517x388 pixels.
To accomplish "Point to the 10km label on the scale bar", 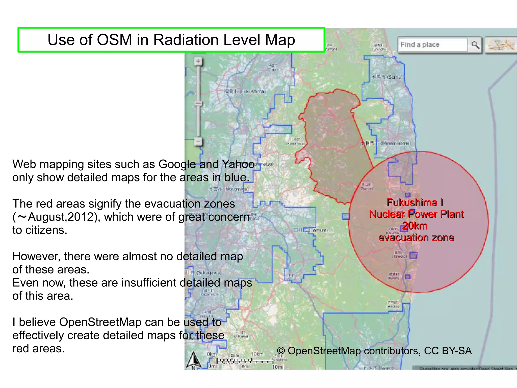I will pyautogui.click(x=257, y=354).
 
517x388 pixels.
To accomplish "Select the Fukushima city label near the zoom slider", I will pyautogui.click(x=245, y=91).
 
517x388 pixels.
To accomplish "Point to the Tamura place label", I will pyautogui.click(x=311, y=230).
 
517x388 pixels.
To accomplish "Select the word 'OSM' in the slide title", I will pyautogui.click(x=114, y=40).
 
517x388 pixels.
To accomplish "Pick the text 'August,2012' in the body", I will pyautogui.click(x=61, y=217).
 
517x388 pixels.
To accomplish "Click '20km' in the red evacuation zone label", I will pyautogui.click(x=415, y=226).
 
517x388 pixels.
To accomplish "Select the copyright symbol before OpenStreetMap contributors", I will pyautogui.click(x=281, y=351).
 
